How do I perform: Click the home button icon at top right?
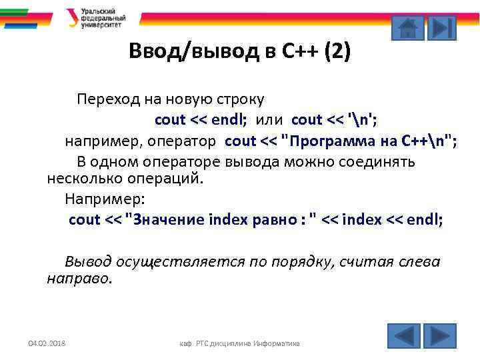coord(407,28)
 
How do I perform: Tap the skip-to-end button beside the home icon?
coord(441,28)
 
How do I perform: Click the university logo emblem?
coord(72,17)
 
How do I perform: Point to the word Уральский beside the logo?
coord(98,11)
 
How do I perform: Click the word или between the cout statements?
coord(271,119)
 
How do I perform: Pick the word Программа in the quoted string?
coord(327,141)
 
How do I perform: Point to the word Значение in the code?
coord(170,219)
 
